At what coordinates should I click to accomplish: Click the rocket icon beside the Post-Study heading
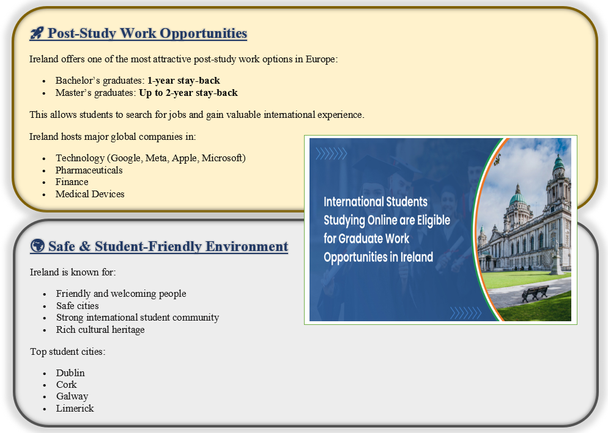pyautogui.click(x=37, y=33)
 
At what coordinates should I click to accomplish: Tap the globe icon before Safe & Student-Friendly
pyautogui.click(x=37, y=246)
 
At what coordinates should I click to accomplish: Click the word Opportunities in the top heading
pyautogui.click(x=203, y=34)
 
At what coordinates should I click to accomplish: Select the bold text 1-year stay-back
pyautogui.click(x=184, y=81)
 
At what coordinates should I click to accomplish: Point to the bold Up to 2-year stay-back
pyautogui.click(x=188, y=93)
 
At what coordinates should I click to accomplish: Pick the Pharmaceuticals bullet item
pyautogui.click(x=89, y=170)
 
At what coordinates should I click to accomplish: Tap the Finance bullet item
pyautogui.click(x=72, y=182)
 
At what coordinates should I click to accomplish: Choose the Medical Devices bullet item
pyautogui.click(x=90, y=194)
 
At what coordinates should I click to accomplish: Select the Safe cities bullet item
pyautogui.click(x=77, y=306)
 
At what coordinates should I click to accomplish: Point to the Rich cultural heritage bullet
pyautogui.click(x=100, y=330)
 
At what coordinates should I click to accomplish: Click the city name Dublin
pyautogui.click(x=70, y=373)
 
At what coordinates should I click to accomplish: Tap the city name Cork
pyautogui.click(x=66, y=385)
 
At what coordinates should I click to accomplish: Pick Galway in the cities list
pyautogui.click(x=72, y=396)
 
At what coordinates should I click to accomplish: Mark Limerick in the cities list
pyautogui.click(x=75, y=409)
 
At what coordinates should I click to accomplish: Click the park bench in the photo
pyautogui.click(x=535, y=293)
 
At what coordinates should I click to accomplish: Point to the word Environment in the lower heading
pyautogui.click(x=247, y=246)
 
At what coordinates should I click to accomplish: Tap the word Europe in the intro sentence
pyautogui.click(x=321, y=60)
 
